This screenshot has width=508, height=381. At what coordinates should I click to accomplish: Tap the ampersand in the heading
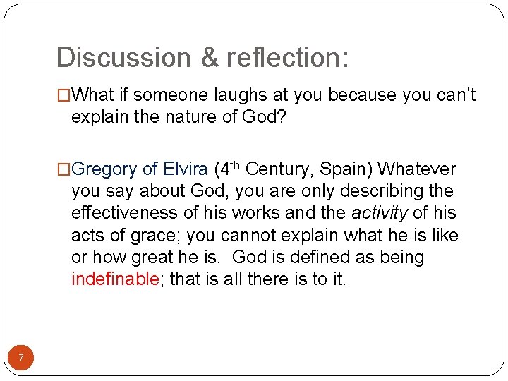coord(210,58)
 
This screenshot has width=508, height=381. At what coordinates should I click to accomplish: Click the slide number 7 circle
coord(21,358)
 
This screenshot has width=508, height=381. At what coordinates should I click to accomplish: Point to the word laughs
coord(241,95)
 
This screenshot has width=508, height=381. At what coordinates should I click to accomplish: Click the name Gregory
coord(104,169)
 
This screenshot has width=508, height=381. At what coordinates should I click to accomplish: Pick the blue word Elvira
coord(186,169)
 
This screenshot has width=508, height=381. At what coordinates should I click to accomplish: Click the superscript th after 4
coord(236,166)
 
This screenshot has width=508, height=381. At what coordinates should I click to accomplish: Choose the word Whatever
coord(417,169)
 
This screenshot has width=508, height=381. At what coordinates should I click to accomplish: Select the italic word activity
coord(380,213)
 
